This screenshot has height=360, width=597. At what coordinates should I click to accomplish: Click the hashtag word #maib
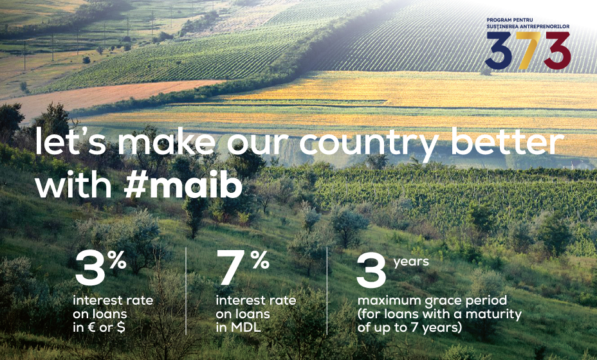[183, 184]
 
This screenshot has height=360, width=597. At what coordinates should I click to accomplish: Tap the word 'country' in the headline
[369, 144]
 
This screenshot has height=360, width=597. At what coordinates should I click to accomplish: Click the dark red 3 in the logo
[556, 50]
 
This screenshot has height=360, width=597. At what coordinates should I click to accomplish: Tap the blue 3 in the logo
[499, 50]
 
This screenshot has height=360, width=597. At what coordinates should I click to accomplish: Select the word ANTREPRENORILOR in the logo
[547, 26]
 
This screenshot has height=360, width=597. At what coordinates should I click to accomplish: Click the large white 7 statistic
[232, 267]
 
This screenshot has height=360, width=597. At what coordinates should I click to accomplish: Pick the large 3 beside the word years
[372, 271]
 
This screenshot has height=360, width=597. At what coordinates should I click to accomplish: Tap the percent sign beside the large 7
[260, 260]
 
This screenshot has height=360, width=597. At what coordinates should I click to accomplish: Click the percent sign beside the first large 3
[116, 260]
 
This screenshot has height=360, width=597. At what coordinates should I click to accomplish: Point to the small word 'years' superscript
[411, 262]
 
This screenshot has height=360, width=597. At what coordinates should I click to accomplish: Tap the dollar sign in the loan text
[121, 328]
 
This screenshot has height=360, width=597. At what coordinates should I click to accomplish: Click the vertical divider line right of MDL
[327, 291]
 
